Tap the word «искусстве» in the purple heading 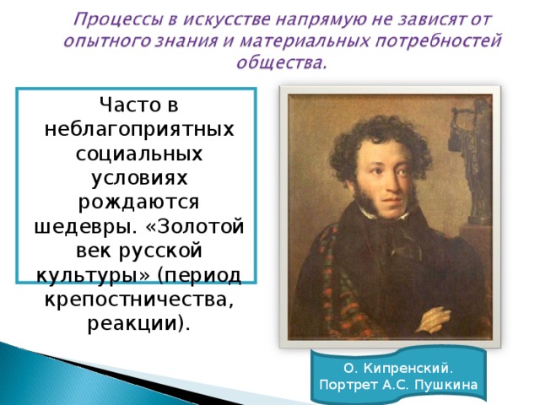227,19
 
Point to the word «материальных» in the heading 305,41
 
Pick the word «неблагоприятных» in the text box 139,130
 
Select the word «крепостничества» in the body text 137,300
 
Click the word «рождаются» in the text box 138,203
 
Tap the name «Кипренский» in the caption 408,369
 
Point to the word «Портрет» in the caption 348,385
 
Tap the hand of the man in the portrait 435,317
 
